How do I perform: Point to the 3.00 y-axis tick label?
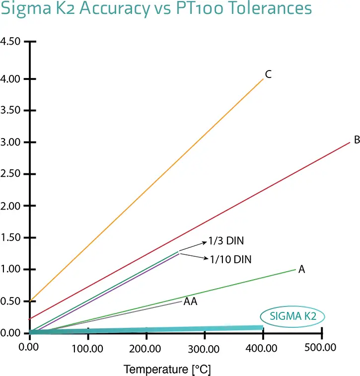pos(11,143)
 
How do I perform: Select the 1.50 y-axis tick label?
pos(11,238)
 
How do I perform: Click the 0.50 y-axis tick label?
pos(11,301)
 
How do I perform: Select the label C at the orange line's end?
pos(268,75)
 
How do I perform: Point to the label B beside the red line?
pos(356,140)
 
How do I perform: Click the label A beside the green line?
pos(301,270)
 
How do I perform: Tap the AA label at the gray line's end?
pos(191,301)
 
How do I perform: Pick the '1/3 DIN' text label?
pos(226,241)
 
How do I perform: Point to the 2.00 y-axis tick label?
pos(11,206)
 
